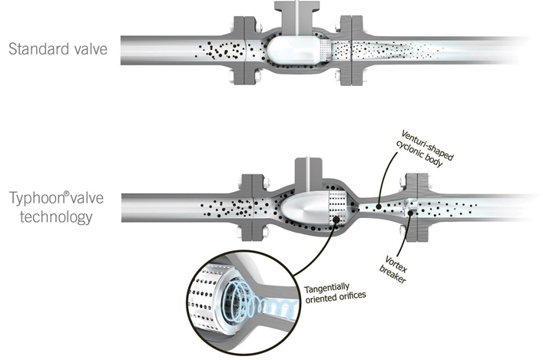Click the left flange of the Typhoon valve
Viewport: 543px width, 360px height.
coord(252,205)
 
